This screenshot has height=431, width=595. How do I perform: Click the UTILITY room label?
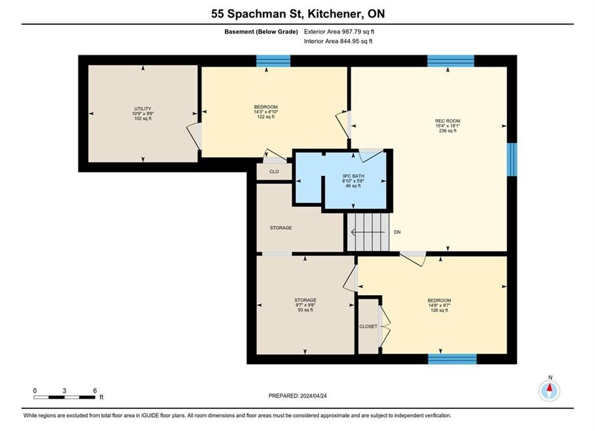point(143,108)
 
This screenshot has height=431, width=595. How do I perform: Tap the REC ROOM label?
point(448,121)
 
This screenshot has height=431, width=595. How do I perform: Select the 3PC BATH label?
point(353,176)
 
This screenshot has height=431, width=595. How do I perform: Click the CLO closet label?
point(274,172)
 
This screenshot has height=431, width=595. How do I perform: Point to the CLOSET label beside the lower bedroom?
point(368,327)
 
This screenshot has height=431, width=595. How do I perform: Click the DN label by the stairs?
point(397,232)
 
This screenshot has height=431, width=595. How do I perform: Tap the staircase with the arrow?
point(368,232)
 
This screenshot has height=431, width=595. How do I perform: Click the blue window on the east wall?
point(512,159)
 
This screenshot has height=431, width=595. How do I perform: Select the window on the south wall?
point(452,359)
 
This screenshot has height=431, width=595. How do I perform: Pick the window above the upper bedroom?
point(273,60)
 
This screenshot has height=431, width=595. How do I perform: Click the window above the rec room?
point(451,60)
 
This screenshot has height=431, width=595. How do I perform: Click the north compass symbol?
point(550,390)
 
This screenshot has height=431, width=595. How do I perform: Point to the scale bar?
point(65,397)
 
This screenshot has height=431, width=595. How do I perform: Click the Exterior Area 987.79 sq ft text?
point(339,32)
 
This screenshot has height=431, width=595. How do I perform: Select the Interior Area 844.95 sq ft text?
point(338,41)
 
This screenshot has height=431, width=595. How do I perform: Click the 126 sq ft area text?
point(440,310)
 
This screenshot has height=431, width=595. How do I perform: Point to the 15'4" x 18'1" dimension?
point(448,126)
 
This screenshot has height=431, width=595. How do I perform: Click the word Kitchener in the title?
point(334,14)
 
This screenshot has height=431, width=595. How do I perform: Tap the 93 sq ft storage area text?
point(306,310)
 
